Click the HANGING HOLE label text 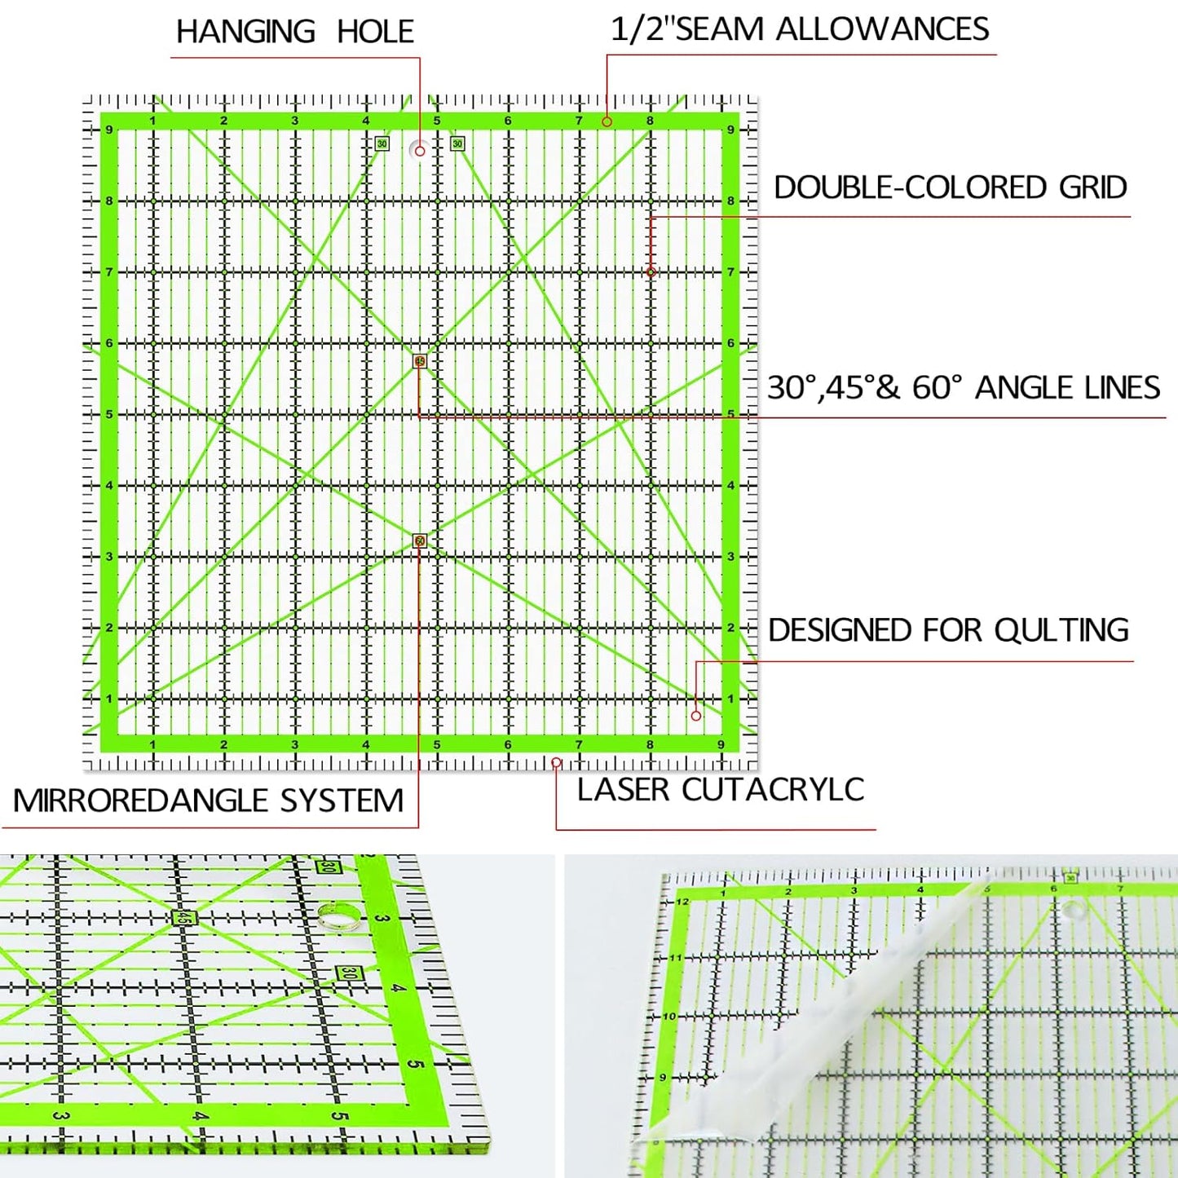pyautogui.click(x=294, y=32)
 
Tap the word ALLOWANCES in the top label pyautogui.click(x=882, y=29)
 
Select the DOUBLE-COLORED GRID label pyautogui.click(x=950, y=188)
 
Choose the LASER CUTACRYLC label pyautogui.click(x=720, y=789)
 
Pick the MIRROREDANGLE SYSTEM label pyautogui.click(x=208, y=801)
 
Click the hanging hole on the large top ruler pyautogui.click(x=420, y=151)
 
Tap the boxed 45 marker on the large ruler pyautogui.click(x=420, y=361)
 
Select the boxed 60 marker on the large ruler pyautogui.click(x=420, y=540)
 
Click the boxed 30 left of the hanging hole pyautogui.click(x=382, y=143)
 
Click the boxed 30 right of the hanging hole pyautogui.click(x=457, y=143)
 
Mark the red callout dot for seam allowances pyautogui.click(x=607, y=121)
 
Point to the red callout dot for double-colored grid pyautogui.click(x=651, y=271)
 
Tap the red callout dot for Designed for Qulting pyautogui.click(x=695, y=716)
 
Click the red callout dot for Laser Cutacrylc pyautogui.click(x=556, y=762)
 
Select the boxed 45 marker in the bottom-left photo pyautogui.click(x=183, y=917)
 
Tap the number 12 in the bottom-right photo pyautogui.click(x=682, y=902)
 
